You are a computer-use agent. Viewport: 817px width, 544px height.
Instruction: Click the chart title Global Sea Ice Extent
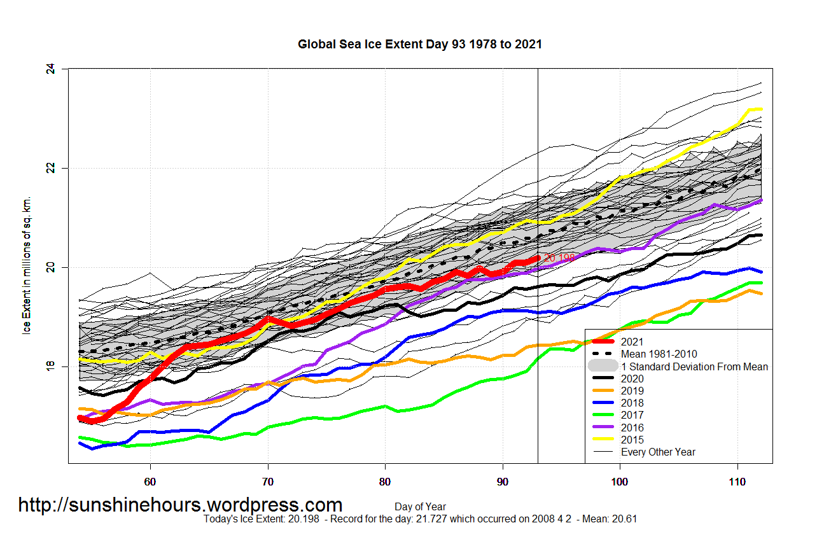(420, 45)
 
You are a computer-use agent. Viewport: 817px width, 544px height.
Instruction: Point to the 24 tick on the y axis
(52, 69)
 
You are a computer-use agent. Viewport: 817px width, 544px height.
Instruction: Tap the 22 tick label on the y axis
(52, 168)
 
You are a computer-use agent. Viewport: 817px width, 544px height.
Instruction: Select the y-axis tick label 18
(52, 366)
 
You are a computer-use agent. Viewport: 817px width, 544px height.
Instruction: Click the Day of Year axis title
(420, 507)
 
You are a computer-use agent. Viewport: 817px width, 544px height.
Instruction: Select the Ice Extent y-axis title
(27, 267)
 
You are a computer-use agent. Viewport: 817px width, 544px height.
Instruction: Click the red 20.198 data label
(559, 258)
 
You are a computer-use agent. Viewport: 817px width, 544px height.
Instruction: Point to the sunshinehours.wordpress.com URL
(180, 505)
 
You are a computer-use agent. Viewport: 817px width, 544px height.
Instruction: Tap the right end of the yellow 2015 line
(761, 109)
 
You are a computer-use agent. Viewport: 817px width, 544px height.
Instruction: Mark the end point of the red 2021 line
(538, 258)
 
